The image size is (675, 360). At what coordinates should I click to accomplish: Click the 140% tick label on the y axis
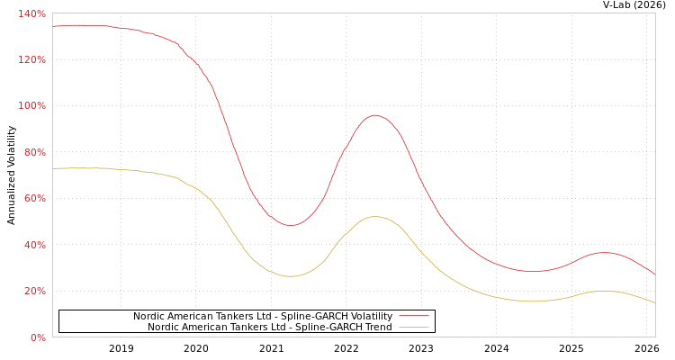31,13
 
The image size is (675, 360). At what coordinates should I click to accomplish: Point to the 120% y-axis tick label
31,59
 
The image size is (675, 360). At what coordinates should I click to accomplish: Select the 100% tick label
31,106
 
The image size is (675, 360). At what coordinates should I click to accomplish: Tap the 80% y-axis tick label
34,152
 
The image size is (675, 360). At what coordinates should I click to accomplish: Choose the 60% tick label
34,198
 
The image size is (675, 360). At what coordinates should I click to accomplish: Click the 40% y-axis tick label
34,245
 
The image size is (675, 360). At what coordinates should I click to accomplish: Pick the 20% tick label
34,291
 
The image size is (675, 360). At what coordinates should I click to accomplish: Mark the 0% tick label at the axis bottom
37,337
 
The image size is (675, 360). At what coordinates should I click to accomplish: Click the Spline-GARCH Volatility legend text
262,316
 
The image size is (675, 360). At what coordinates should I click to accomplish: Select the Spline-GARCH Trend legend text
269,327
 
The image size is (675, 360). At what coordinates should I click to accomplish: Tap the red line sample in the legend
413,316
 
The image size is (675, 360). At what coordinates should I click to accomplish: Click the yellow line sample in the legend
413,327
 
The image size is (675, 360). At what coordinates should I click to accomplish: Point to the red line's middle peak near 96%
374,115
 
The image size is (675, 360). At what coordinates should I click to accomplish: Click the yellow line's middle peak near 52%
374,216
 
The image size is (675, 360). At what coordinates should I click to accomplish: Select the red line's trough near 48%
289,225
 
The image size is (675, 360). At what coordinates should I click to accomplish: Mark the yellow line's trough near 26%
289,276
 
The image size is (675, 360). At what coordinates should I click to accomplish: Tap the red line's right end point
654,274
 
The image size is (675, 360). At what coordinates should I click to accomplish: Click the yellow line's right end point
654,302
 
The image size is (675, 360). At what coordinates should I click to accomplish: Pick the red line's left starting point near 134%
53,26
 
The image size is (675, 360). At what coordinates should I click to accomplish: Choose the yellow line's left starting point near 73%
53,168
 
